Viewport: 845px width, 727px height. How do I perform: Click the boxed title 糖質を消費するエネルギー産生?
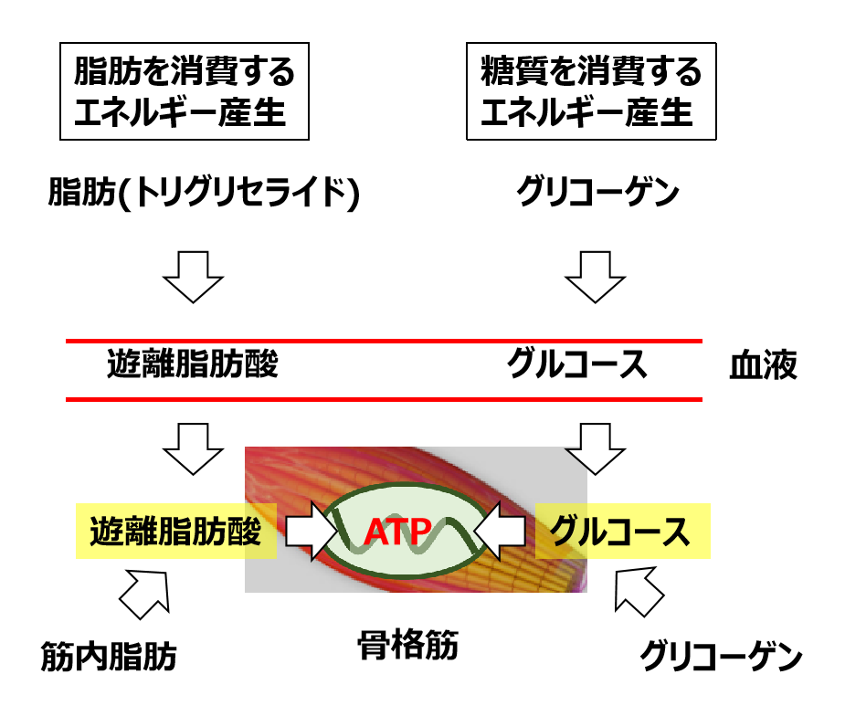(x=591, y=91)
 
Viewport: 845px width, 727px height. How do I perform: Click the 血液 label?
(x=763, y=366)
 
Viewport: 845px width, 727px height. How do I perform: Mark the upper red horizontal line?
(x=384, y=341)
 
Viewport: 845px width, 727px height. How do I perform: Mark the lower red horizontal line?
(x=384, y=399)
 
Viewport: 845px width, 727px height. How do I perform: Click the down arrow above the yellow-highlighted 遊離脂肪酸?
(x=193, y=448)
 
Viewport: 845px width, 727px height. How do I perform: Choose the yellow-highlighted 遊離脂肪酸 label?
(x=175, y=531)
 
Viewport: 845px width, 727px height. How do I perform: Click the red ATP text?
(x=398, y=532)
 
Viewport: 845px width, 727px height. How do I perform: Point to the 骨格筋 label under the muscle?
(x=407, y=647)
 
